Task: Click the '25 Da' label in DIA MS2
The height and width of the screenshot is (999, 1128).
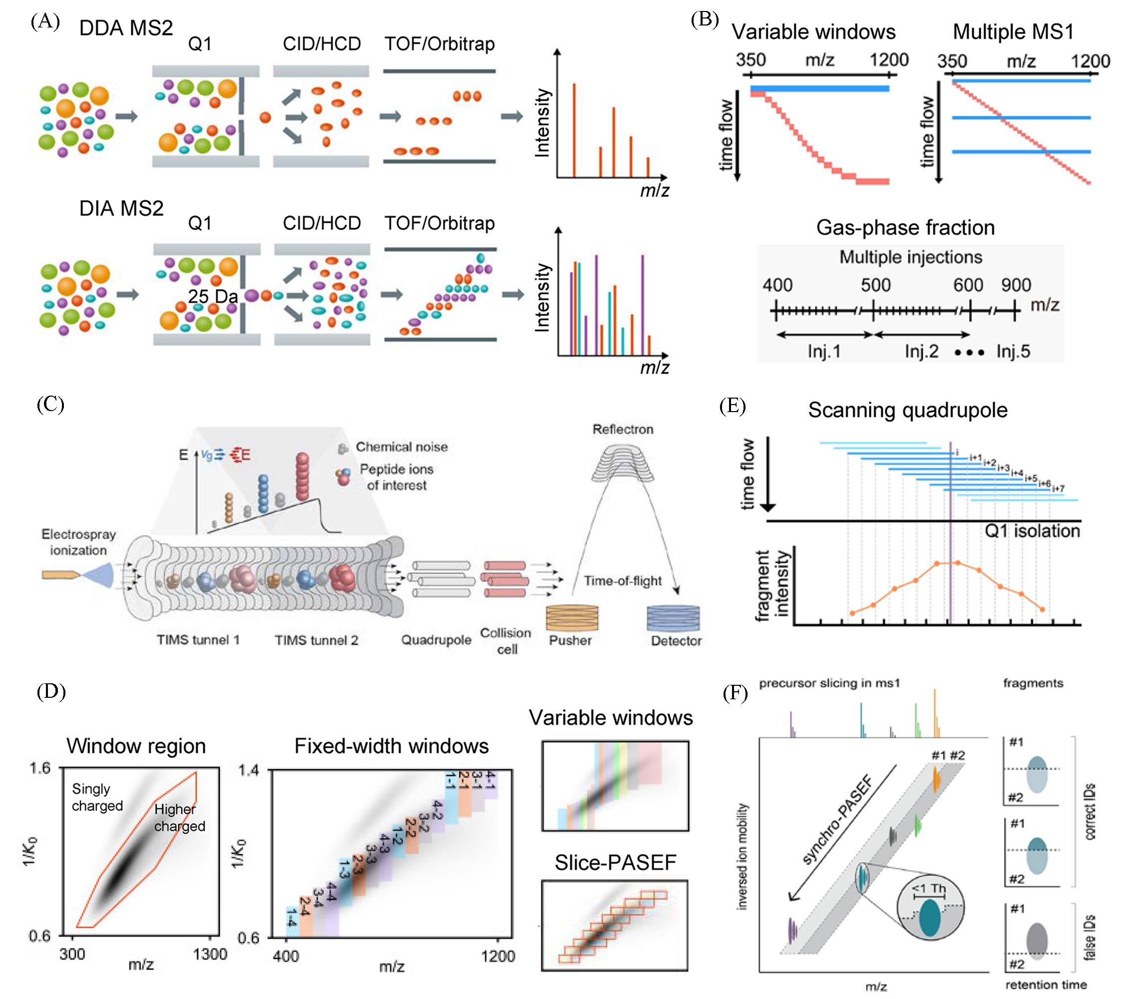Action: pos(213,296)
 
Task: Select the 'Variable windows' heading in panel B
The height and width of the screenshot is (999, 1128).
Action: pos(813,32)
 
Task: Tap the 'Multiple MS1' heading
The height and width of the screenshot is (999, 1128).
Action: pos(1013,32)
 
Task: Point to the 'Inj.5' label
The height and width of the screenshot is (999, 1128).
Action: pos(1013,351)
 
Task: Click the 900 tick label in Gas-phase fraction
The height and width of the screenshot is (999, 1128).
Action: pos(1016,285)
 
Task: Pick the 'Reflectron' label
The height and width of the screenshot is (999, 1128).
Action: pos(623,429)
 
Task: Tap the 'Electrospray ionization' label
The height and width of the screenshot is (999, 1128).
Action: pos(78,542)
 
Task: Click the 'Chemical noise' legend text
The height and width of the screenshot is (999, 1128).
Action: pos(401,447)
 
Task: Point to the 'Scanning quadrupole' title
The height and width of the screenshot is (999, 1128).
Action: pos(908,410)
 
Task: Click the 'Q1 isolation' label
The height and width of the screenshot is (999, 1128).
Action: pos(1032,531)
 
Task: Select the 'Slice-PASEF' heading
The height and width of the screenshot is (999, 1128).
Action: pos(615,862)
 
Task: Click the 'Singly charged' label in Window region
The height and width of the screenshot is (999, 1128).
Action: pos(97,797)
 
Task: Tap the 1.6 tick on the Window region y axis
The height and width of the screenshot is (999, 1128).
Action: pos(40,768)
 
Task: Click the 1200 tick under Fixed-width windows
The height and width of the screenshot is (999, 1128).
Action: pos(498,957)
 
